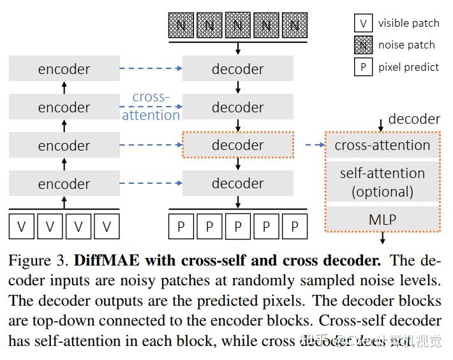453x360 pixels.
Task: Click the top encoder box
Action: click(x=64, y=69)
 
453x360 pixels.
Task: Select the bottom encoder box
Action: click(x=64, y=184)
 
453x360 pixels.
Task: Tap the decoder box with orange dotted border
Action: click(x=237, y=146)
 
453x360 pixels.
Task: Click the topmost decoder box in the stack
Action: click(x=237, y=69)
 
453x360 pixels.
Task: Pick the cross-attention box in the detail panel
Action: click(x=382, y=146)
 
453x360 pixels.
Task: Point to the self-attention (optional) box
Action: click(x=382, y=182)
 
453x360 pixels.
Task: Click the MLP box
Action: click(x=382, y=220)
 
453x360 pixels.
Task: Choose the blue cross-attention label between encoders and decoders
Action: click(x=151, y=106)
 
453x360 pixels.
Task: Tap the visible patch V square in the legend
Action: click(x=363, y=24)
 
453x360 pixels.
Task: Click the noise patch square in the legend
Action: click(x=363, y=45)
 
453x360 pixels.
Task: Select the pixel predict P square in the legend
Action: click(x=363, y=67)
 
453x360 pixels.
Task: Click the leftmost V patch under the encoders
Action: click(x=22, y=227)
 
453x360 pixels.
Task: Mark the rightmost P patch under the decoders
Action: click(x=294, y=227)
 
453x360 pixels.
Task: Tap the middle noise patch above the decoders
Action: click(x=237, y=26)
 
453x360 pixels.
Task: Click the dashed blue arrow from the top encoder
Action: click(x=151, y=69)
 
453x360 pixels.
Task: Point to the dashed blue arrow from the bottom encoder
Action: click(x=151, y=184)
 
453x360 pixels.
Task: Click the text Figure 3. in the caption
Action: click(x=38, y=260)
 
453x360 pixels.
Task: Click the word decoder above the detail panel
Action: click(x=414, y=119)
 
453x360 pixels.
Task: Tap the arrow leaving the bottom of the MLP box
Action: click(x=383, y=239)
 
